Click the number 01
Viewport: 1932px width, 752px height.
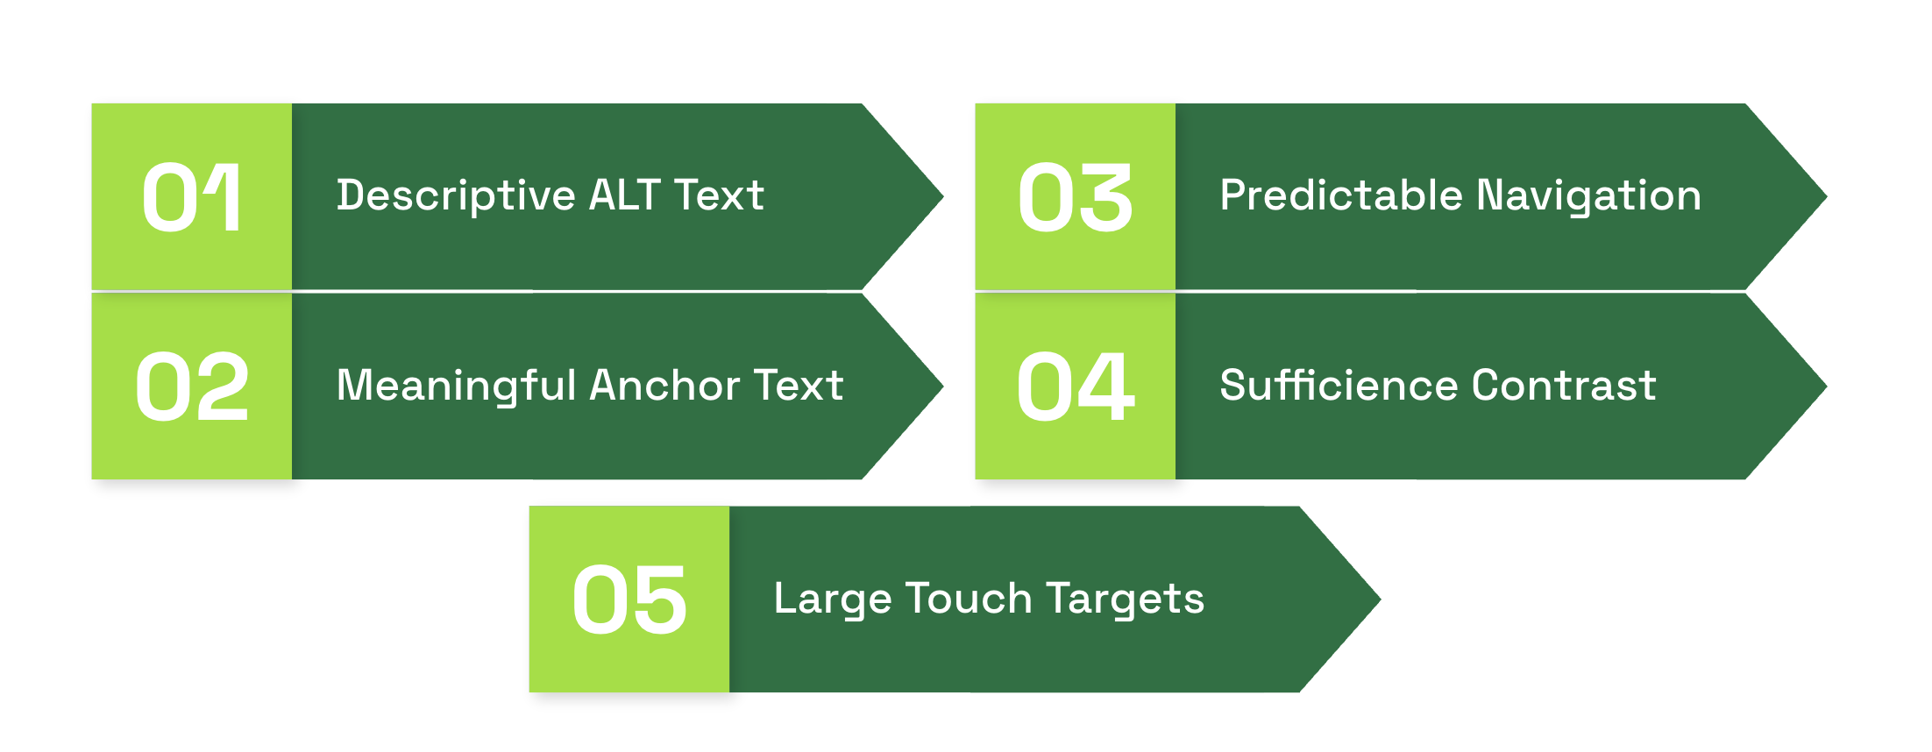tap(191, 198)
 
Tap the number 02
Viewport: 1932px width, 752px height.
tap(192, 387)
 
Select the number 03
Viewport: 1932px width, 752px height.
tap(1076, 198)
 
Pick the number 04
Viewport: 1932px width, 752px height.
tap(1076, 387)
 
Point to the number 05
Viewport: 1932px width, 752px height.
tap(629, 599)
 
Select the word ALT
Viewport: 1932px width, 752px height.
tap(624, 195)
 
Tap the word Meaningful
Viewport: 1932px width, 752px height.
tap(456, 387)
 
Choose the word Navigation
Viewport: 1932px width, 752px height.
tap(1589, 196)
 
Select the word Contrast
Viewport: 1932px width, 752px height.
tap(1565, 386)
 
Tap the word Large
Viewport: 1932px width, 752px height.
tap(832, 600)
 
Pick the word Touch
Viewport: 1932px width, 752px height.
tap(970, 599)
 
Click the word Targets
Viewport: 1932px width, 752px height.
tap(1126, 600)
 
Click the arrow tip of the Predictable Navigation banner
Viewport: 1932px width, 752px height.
tap(1826, 197)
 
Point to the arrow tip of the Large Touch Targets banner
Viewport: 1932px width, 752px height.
tap(1380, 599)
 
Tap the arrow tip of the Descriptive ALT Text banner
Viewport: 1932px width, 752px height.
tap(942, 197)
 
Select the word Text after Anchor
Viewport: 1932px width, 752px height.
tap(799, 386)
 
